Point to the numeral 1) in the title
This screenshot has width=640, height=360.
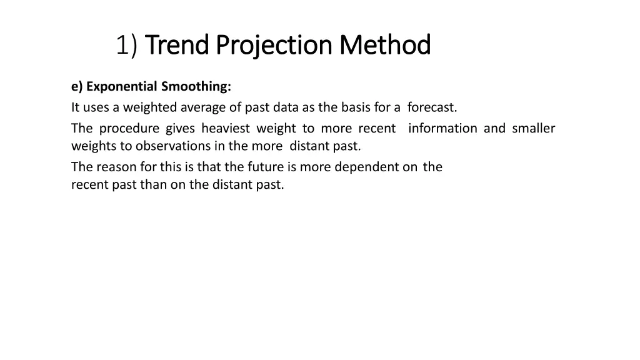click(x=126, y=45)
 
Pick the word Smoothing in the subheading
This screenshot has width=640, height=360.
click(x=196, y=86)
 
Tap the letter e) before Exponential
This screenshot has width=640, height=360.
click(x=77, y=86)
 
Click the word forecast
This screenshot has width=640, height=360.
click(x=432, y=107)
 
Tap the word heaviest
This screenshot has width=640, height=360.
click(x=226, y=129)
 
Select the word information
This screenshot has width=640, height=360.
click(x=442, y=129)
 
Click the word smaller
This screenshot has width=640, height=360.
click(x=533, y=129)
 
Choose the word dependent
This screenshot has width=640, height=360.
click(x=369, y=167)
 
